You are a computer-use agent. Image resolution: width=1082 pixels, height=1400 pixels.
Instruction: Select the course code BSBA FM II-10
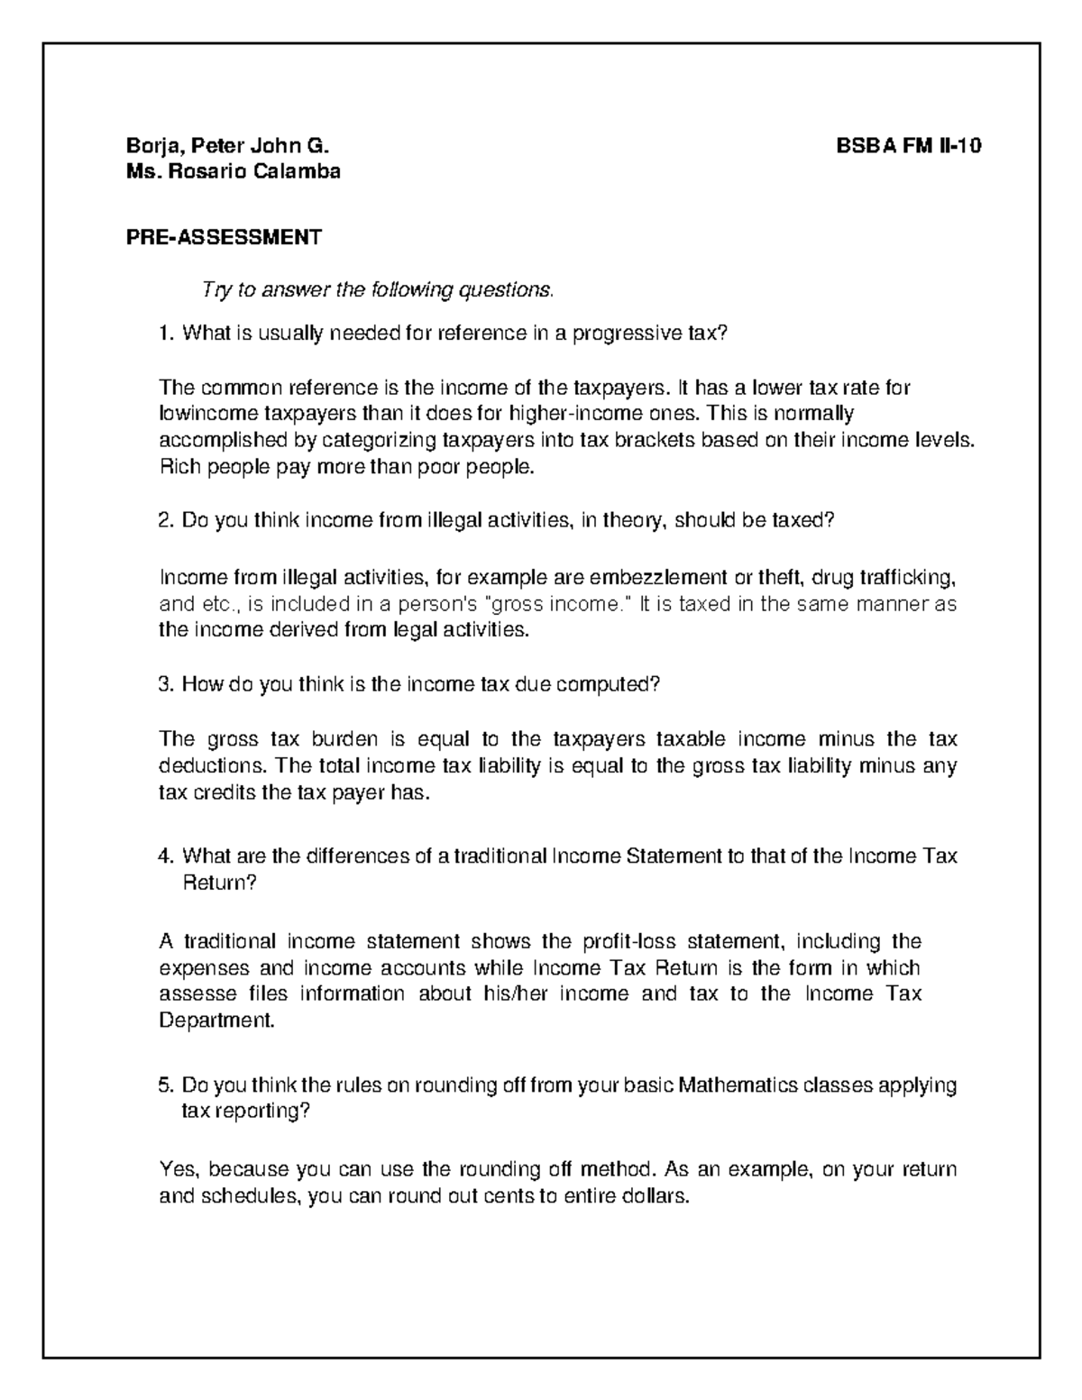click(909, 146)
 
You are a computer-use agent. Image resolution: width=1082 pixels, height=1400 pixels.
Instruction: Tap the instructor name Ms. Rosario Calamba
click(234, 171)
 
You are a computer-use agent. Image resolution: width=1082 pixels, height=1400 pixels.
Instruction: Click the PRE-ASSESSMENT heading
click(224, 237)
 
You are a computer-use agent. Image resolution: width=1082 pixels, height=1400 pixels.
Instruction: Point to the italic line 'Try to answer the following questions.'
click(377, 290)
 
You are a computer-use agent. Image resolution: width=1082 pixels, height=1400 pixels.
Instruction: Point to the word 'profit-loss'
click(628, 942)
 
